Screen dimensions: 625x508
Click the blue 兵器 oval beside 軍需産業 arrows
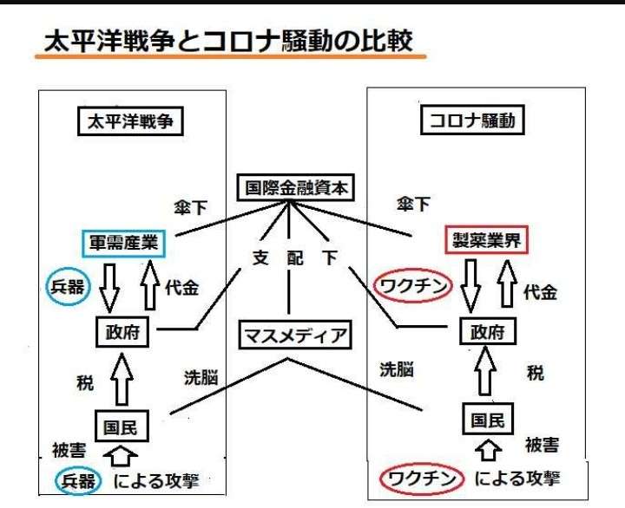(x=47, y=287)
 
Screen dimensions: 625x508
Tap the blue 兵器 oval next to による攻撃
(x=56, y=481)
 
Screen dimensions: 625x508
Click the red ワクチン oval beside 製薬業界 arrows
(x=374, y=286)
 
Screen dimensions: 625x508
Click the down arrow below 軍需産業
(x=109, y=288)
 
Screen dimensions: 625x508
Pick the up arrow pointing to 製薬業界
(x=507, y=283)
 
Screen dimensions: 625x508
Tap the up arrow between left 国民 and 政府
(x=122, y=380)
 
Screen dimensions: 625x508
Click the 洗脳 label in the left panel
(x=201, y=377)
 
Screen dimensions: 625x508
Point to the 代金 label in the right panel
(x=540, y=293)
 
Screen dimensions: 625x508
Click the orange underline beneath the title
(x=231, y=56)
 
